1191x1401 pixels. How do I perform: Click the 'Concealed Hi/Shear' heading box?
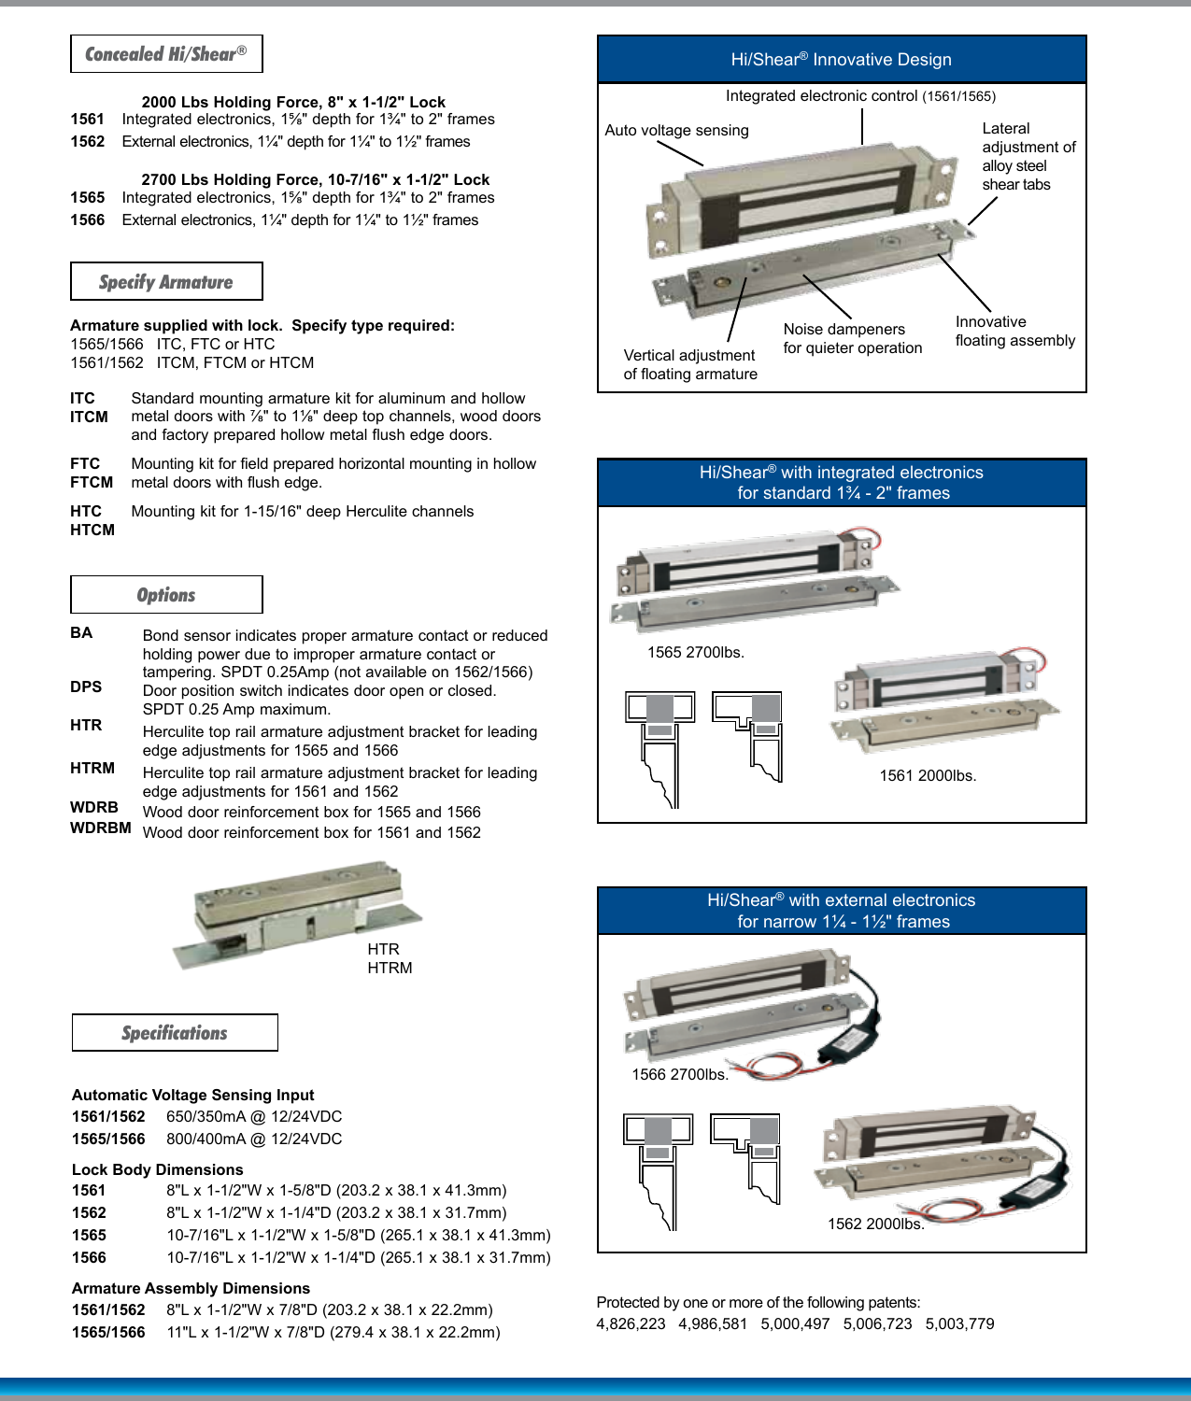pos(166,54)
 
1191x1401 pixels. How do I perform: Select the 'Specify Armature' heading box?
pos(166,282)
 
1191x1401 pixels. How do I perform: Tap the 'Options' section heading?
pos(166,595)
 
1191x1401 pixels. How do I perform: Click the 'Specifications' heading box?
pos(175,1033)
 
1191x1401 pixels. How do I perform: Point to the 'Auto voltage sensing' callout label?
pos(676,131)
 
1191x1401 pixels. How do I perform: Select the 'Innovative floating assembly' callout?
pos(1014,332)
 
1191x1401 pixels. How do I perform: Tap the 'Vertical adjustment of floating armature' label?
pos(690,365)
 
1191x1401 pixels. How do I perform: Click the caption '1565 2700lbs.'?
pos(695,653)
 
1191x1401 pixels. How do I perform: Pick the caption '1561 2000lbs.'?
pos(928,776)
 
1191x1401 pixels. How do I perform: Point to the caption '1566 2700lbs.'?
pos(679,1075)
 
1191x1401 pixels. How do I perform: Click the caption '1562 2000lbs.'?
pos(875,1224)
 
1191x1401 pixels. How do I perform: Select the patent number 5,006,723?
pos(877,1324)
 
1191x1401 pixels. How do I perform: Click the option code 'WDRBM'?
pos(100,828)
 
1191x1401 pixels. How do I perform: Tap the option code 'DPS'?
pos(86,687)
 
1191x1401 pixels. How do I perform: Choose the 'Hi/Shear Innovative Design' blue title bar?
pos(841,60)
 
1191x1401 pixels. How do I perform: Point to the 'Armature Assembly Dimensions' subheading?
pos(191,1289)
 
